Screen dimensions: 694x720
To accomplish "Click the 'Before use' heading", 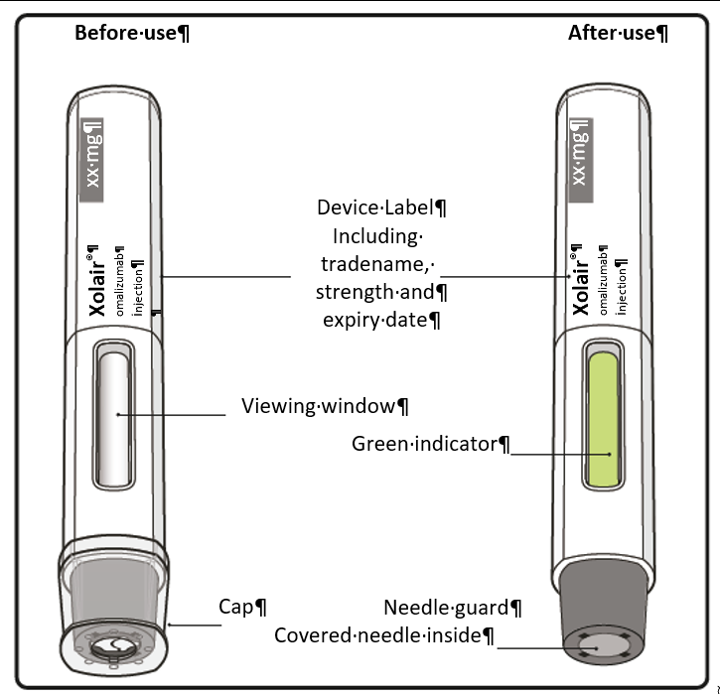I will (132, 33).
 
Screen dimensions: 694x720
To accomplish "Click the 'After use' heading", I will (617, 33).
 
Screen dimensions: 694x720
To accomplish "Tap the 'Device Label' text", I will (381, 208).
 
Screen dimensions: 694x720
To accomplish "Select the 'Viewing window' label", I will (325, 406).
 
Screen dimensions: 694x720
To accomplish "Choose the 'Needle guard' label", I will (453, 608).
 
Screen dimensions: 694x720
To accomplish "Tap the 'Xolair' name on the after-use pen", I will (581, 281).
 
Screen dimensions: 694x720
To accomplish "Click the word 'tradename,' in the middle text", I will (376, 264).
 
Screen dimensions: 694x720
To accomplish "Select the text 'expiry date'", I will (381, 320).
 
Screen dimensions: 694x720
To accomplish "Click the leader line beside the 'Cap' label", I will (195, 624).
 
